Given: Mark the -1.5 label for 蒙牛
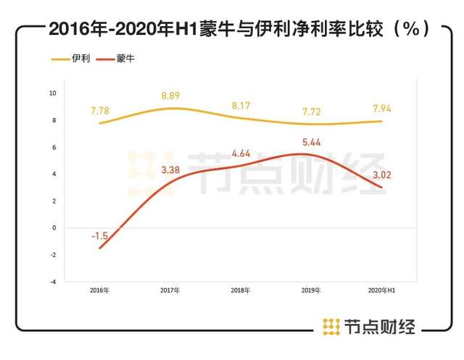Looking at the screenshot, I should click(100, 236).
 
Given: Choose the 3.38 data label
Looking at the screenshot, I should click(171, 171).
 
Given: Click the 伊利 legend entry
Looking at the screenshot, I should click(75, 59).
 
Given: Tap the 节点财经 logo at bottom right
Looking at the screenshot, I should click(369, 327).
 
